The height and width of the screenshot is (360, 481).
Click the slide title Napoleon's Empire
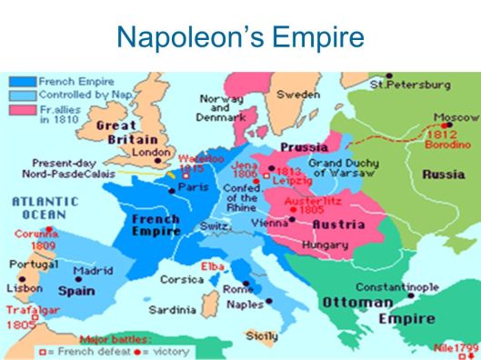[x=240, y=37]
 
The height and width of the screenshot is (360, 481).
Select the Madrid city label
[x=93, y=271]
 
